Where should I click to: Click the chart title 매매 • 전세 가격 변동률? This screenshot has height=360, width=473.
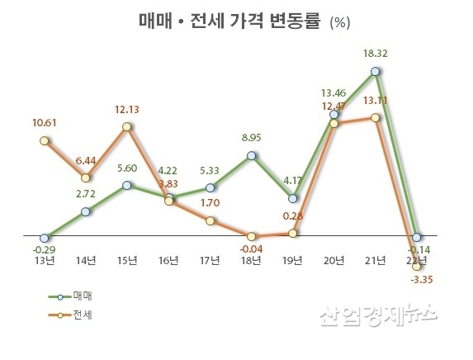pos(227,21)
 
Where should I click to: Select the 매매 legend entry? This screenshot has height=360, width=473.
pos(79,295)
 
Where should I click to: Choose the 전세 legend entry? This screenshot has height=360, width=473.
pos(79,314)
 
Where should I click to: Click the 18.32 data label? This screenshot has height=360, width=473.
pos(376,54)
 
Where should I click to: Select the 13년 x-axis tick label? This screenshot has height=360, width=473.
pos(45,260)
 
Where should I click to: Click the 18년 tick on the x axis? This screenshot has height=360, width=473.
pos(252,260)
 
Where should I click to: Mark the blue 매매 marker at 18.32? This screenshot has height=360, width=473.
pos(376,71)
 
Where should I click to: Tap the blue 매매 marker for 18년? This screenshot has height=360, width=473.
pos(252,155)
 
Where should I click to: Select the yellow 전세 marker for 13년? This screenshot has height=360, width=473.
pos(45,140)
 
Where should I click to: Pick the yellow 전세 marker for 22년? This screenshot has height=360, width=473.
pos(418,266)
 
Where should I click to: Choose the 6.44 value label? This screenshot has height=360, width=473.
pos(87,159)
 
